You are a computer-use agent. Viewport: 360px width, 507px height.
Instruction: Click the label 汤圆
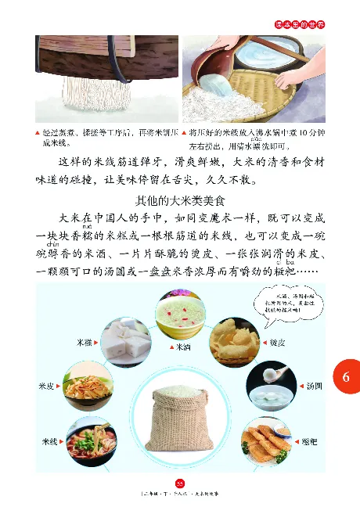pos(313,386)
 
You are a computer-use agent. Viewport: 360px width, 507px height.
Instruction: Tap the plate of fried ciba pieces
pos(265,442)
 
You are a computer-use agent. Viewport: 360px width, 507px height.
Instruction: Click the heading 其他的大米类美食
pos(180,200)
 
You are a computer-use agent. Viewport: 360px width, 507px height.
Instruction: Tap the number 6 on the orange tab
pos(345,378)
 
